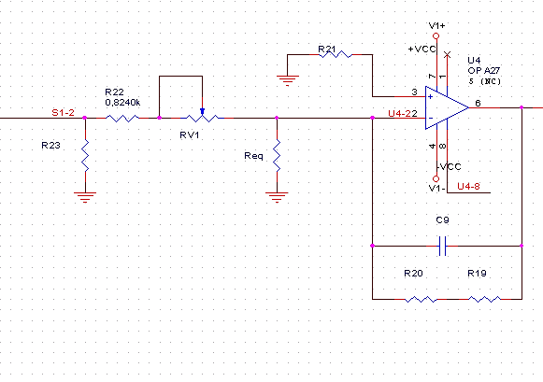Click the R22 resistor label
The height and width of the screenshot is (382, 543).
pyautogui.click(x=114, y=92)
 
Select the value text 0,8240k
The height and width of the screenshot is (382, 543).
pyautogui.click(x=122, y=103)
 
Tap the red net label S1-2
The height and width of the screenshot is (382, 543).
pyautogui.click(x=63, y=112)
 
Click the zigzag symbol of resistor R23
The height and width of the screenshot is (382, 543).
pyautogui.click(x=85, y=156)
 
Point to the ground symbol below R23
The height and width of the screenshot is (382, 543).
pyautogui.click(x=85, y=197)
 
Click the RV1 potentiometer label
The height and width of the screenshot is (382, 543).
pyautogui.click(x=190, y=134)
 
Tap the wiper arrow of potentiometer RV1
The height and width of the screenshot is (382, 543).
pyautogui.click(x=202, y=111)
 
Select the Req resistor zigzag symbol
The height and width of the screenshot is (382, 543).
pyautogui.click(x=277, y=156)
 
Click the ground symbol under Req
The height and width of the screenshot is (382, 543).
pyautogui.click(x=277, y=197)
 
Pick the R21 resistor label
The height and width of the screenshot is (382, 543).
pyautogui.click(x=327, y=50)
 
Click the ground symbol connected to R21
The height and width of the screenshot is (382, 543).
pyautogui.click(x=288, y=80)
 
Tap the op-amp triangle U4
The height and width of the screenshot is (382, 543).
pyautogui.click(x=447, y=107)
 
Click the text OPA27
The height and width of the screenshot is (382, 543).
pyautogui.click(x=484, y=71)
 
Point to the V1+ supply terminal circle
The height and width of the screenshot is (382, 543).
pyautogui.click(x=436, y=36)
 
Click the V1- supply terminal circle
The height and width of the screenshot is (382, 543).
pyautogui.click(x=436, y=179)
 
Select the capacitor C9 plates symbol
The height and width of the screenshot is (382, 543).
pyautogui.click(x=442, y=246)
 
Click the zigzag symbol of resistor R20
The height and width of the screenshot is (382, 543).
pyautogui.click(x=421, y=299)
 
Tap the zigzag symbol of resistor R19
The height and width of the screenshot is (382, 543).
pyautogui.click(x=484, y=299)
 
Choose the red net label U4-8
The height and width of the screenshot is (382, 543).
pyautogui.click(x=468, y=187)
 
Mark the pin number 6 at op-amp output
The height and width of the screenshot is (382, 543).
pyautogui.click(x=478, y=103)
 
